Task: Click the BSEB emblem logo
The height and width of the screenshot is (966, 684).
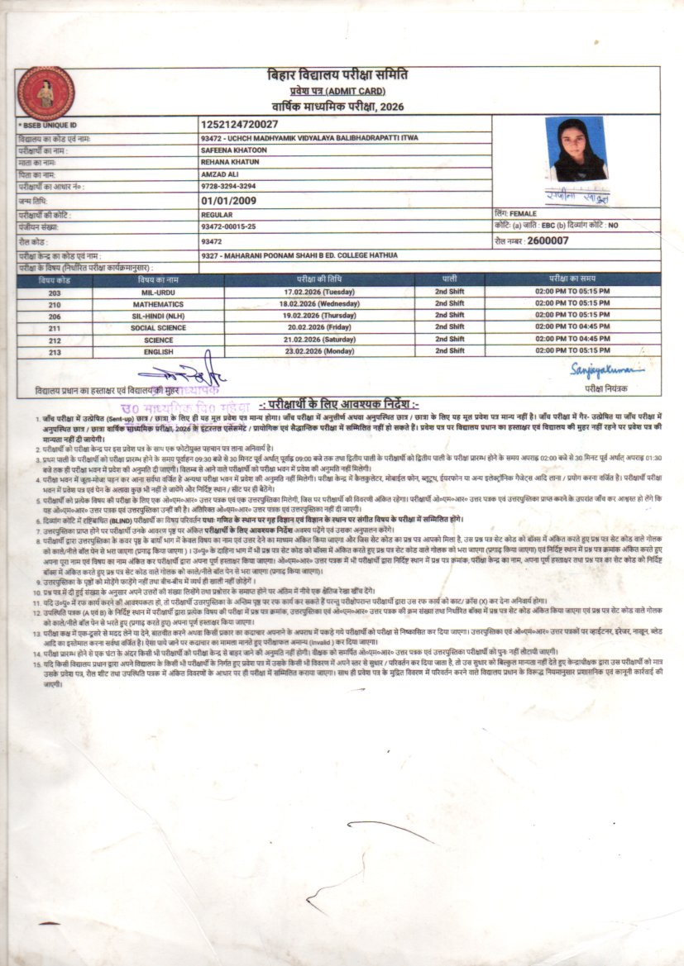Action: (x=45, y=93)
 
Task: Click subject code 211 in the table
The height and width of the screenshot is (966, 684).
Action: (x=55, y=327)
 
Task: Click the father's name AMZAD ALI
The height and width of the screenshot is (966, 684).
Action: (x=219, y=175)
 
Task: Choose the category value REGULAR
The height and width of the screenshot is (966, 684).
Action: (x=217, y=213)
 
